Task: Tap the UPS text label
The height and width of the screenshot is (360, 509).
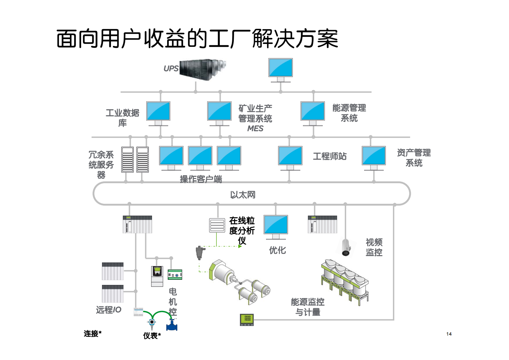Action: [171, 69]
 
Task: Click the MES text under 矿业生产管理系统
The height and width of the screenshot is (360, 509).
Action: [255, 129]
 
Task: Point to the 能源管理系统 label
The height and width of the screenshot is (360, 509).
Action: [349, 113]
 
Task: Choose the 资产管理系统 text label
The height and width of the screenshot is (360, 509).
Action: [414, 158]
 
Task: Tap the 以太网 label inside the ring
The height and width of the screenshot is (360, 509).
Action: [243, 195]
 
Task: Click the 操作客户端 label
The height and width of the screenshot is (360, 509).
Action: [201, 179]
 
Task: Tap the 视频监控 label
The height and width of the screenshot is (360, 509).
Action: [374, 247]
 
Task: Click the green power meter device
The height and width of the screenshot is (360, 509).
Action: [247, 320]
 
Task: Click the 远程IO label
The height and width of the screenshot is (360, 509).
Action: [108, 310]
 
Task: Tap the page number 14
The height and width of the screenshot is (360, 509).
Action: [449, 334]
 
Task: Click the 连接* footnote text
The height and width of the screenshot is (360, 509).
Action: [93, 334]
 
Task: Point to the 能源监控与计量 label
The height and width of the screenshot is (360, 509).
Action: [308, 307]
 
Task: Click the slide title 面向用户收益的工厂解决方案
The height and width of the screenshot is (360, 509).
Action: [197, 39]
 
